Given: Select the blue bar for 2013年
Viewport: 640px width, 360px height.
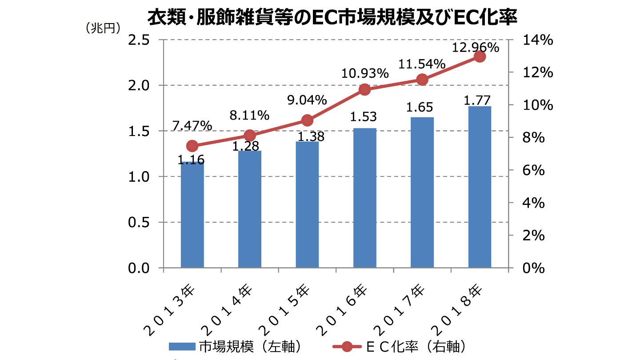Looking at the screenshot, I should [192, 215].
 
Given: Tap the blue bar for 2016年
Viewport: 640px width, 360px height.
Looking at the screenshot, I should [365, 198].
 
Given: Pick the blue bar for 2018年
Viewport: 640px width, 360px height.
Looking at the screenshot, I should [480, 187].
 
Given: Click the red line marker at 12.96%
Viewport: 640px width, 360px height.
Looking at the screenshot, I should [480, 56].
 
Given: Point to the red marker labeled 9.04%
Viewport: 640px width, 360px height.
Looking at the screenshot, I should [307, 120].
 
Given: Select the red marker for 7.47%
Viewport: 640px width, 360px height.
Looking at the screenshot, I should [192, 146].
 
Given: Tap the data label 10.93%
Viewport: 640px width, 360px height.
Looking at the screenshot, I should [365, 74].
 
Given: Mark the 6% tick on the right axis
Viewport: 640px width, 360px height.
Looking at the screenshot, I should [533, 170].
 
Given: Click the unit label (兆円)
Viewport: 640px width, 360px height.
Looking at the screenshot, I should [103, 28].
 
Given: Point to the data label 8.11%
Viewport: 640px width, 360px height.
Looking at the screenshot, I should [249, 116].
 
